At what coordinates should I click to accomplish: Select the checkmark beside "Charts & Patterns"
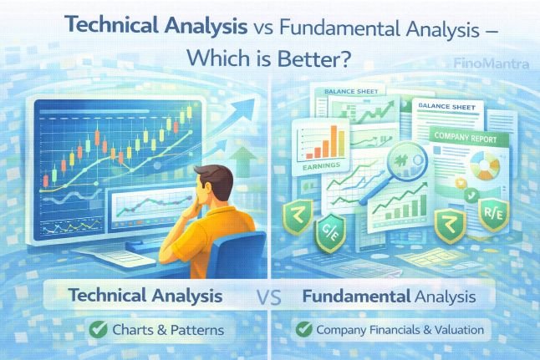99,330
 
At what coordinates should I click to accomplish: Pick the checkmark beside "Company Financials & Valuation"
304,330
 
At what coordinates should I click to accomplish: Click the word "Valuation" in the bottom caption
456,330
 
